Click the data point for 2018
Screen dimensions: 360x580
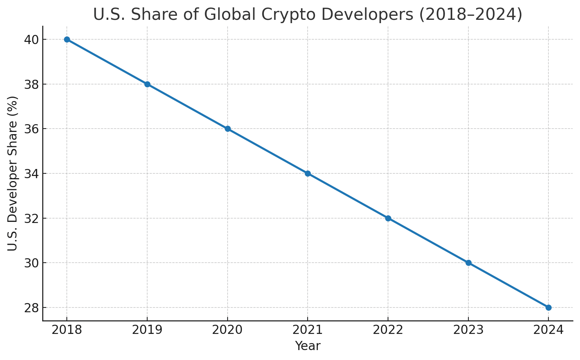point(67,40)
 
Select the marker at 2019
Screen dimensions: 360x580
point(147,84)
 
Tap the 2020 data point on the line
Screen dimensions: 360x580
point(228,129)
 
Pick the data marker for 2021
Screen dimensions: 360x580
point(308,173)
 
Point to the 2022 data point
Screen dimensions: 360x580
point(388,218)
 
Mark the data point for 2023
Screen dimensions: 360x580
point(468,263)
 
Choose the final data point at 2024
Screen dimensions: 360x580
point(548,307)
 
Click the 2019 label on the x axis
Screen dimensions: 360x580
point(147,330)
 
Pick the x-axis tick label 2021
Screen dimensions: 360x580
point(308,330)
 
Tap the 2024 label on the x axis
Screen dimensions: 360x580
point(548,330)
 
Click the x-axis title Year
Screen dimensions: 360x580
point(308,346)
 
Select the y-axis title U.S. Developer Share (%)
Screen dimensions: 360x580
point(12,173)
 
